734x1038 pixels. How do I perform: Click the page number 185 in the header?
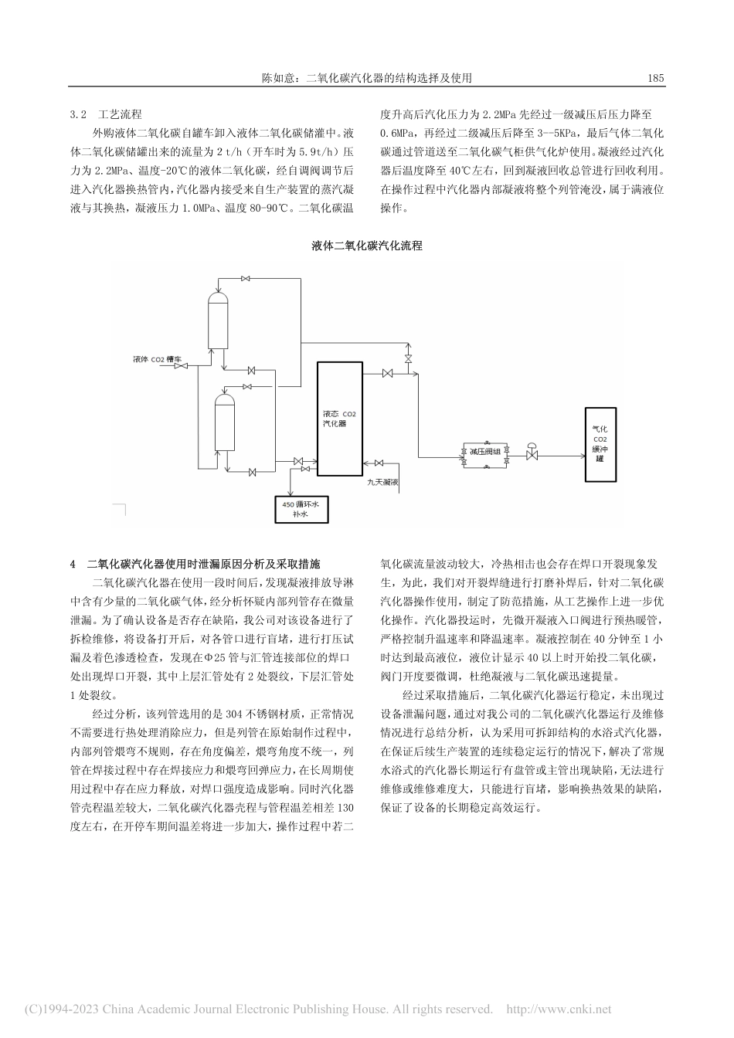[x=656, y=78]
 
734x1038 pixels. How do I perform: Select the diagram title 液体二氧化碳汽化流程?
[x=367, y=246]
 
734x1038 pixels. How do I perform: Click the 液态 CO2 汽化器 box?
[x=339, y=418]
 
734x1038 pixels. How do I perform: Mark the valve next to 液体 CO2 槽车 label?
[x=181, y=367]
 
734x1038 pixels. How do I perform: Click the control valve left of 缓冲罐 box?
[x=532, y=453]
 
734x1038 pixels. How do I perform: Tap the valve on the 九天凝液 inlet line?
[x=379, y=463]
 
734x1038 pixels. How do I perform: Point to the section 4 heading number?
[x=73, y=563]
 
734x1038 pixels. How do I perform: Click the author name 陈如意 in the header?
[x=277, y=78]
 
